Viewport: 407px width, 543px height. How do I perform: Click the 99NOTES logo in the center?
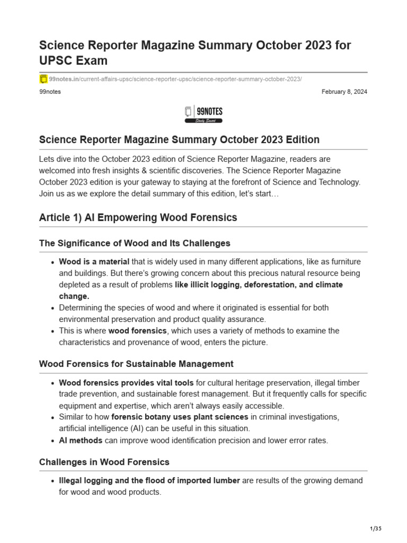[x=203, y=114]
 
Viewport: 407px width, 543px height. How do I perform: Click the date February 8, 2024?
[x=344, y=92]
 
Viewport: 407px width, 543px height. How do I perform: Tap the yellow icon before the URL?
[x=43, y=79]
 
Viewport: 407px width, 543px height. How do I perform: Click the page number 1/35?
[x=375, y=529]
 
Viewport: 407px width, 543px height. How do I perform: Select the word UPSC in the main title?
[x=57, y=60]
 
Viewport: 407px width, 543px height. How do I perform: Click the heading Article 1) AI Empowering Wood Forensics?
[x=138, y=217]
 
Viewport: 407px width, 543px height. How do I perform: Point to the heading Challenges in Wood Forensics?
[x=104, y=462]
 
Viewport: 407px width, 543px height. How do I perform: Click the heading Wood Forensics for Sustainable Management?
[x=136, y=364]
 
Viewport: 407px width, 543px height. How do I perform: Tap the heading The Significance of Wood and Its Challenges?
[x=135, y=243]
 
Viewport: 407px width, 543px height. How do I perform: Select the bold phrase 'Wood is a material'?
[x=94, y=261]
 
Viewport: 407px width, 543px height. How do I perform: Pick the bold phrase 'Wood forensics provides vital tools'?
[x=126, y=382]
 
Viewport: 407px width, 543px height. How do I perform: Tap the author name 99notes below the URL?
[x=50, y=92]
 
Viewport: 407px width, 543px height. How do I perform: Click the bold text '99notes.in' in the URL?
[x=64, y=79]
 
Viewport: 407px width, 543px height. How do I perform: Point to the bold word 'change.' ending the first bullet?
[x=74, y=296]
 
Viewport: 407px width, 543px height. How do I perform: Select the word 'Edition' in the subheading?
[x=300, y=139]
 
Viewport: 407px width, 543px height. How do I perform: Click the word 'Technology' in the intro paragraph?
[x=337, y=182]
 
